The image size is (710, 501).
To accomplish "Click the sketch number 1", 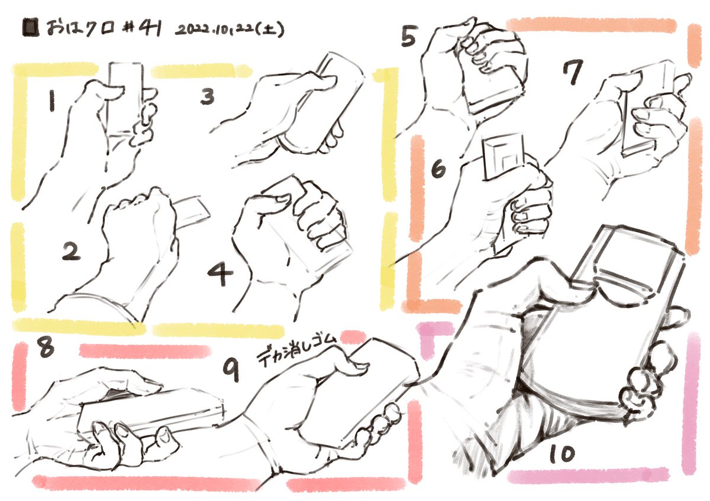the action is pos(52,100).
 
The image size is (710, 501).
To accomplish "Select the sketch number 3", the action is pos(207,96).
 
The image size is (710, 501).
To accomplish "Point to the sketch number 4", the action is pos(220,274).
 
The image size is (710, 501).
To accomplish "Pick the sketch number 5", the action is pos(409,36).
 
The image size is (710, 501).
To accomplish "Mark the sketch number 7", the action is pos(573,72).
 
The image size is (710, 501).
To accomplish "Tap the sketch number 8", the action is pos(46,347).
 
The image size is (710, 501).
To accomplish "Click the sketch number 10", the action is pos(561,454).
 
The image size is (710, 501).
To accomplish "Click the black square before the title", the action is pos(31,28).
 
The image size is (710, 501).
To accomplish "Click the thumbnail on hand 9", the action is pos(360,367).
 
